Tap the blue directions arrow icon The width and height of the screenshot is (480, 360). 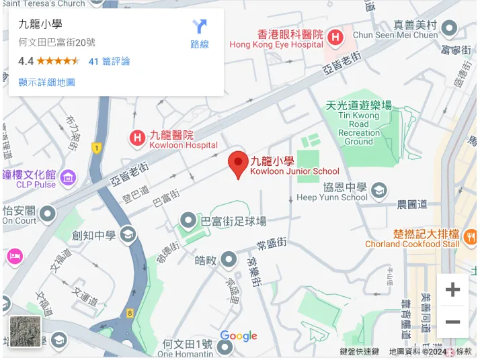200,27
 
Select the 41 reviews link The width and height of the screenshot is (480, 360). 109,61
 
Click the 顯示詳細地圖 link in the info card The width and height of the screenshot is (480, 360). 46,82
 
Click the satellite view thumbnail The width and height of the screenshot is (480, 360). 26,332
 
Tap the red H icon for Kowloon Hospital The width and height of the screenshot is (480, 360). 137,139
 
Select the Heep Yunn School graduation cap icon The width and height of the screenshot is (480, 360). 379,191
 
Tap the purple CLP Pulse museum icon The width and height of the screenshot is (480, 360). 68,179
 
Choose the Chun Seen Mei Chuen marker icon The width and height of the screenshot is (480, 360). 448,29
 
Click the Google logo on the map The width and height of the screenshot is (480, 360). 239,336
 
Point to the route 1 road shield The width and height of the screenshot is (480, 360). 96,148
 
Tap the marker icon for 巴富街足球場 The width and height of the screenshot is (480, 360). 188,220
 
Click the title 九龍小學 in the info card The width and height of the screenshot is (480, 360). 40,25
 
